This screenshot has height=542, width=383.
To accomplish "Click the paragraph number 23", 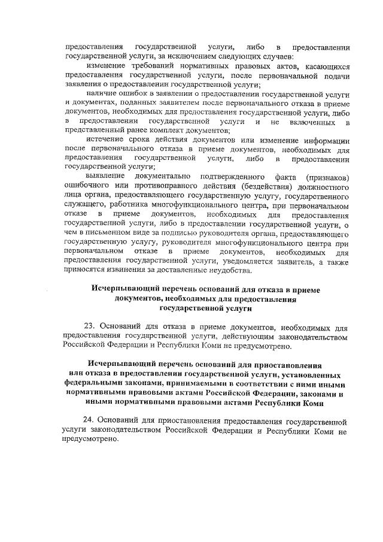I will (x=90, y=326).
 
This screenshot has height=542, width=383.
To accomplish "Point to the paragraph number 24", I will (x=90, y=420).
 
